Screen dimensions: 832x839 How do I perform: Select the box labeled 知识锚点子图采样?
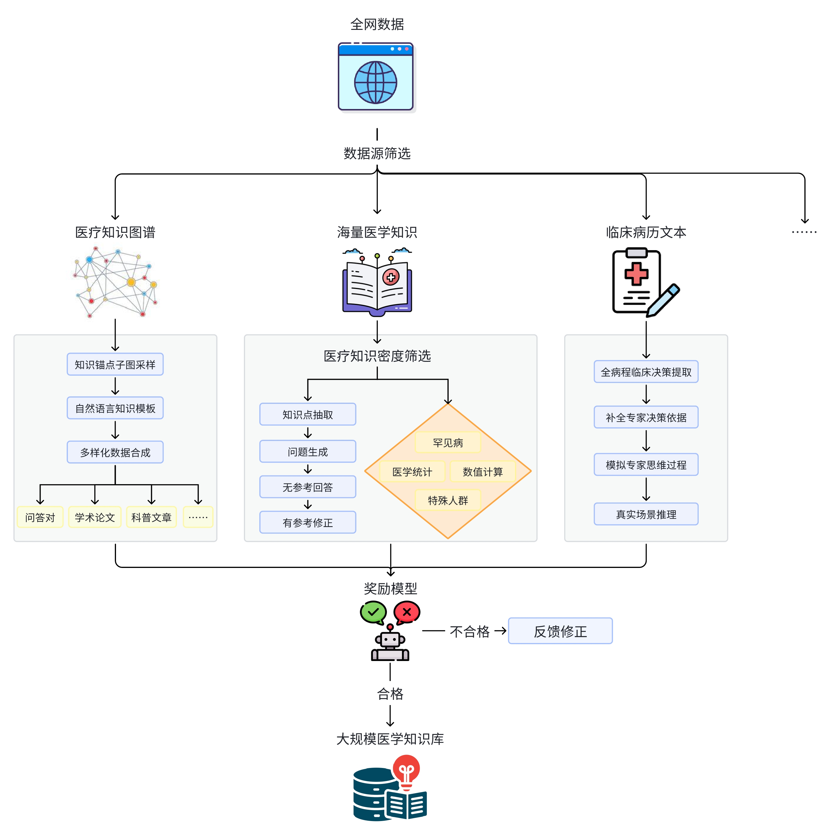pos(115,364)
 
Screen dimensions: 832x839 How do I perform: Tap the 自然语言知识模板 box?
pos(115,408)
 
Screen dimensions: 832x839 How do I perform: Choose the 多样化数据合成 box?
pos(115,453)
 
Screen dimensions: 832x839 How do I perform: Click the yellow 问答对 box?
pos(40,517)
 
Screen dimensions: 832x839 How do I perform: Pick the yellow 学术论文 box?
pos(95,517)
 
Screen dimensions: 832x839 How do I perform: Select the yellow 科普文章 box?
pos(151,517)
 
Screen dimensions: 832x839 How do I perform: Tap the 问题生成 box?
pos(308,452)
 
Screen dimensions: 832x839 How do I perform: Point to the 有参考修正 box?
pos(308,522)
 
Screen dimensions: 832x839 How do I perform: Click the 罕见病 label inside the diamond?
pos(448,442)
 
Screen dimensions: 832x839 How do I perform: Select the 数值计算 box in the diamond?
pos(483,472)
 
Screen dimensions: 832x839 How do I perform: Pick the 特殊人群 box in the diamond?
pos(448,500)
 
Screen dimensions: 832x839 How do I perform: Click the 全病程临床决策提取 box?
pos(646,372)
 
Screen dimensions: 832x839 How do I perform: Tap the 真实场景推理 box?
pos(646,514)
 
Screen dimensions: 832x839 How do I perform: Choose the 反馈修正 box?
pos(561,631)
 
